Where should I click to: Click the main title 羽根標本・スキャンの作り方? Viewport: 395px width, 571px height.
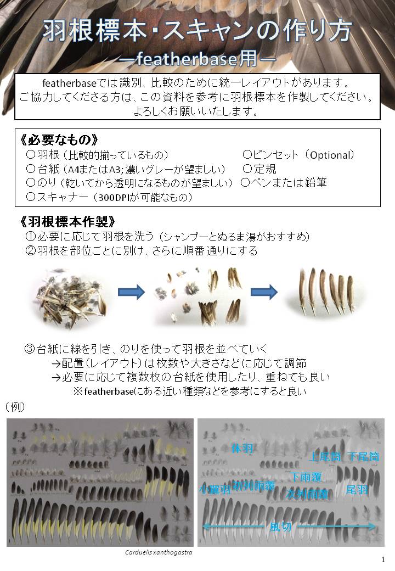[197, 31]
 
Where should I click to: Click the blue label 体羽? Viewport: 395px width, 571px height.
[242, 448]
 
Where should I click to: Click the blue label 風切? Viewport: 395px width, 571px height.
[281, 527]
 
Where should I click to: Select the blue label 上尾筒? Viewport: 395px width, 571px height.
[326, 456]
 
